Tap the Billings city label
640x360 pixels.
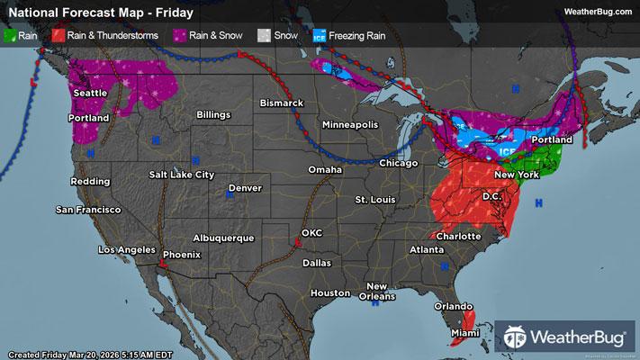coord(209,115)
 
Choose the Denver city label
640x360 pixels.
coord(244,188)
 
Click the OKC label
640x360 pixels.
coord(311,232)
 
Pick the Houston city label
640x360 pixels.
coord(329,293)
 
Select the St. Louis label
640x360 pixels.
coord(375,199)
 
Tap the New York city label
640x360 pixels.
coord(516,174)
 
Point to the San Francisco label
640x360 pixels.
coord(88,210)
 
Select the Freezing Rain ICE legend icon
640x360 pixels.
coord(320,37)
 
